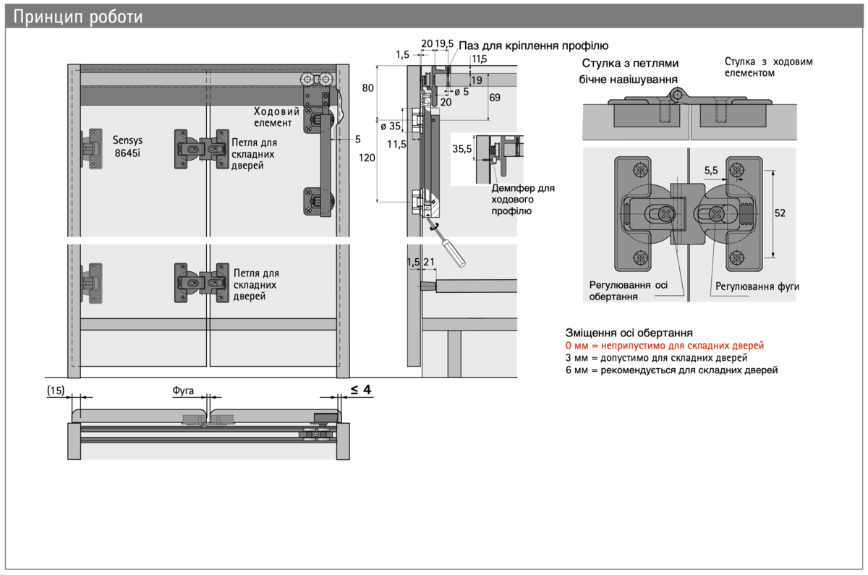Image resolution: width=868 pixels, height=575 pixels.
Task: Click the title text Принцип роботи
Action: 78,17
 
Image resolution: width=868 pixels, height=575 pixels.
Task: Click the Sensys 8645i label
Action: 128,146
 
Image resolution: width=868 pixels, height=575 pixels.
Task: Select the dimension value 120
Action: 367,157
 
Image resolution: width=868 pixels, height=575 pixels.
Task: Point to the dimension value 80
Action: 367,88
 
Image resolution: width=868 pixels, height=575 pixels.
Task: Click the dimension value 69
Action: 495,97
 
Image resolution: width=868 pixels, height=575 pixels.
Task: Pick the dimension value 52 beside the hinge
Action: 779,213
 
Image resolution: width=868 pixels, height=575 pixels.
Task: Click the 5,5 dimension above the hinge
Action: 711,171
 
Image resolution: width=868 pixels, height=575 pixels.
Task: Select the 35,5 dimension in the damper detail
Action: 462,149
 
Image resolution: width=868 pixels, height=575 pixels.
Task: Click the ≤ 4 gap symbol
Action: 361,390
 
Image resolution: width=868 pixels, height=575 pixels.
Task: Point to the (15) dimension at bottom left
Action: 56,391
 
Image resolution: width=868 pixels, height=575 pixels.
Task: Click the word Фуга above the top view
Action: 184,391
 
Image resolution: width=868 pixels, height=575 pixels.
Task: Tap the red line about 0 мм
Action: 665,346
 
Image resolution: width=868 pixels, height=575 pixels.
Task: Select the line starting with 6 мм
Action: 671,370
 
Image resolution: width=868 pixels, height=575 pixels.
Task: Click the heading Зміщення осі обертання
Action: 629,333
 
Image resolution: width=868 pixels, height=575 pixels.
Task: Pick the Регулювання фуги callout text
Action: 757,286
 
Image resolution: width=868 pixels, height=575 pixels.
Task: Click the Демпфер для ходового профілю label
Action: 522,199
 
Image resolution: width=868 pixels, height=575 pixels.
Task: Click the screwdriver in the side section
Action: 449,245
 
